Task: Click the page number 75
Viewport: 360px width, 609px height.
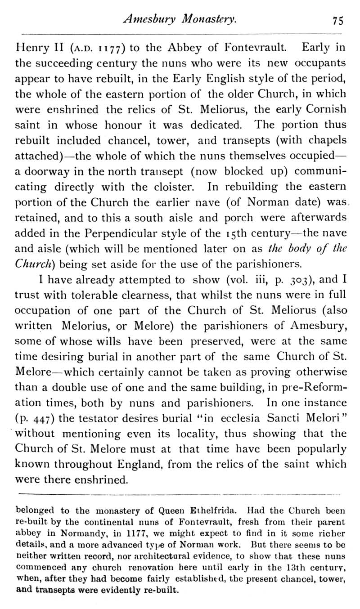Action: tap(338, 20)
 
